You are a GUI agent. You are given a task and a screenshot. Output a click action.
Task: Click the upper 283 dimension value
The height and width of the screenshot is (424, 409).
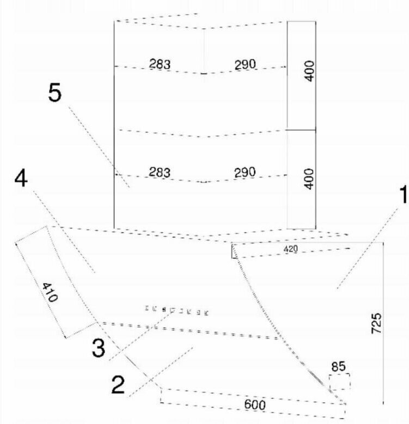[160, 64]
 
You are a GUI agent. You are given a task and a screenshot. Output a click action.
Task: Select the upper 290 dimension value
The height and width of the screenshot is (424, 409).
[245, 64]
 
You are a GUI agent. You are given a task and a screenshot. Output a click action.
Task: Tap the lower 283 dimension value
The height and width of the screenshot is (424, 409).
[160, 173]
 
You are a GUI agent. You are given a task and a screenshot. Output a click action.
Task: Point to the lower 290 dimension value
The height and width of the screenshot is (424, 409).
[245, 173]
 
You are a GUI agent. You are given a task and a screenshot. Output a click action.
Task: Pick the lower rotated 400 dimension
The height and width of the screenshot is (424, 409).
[309, 178]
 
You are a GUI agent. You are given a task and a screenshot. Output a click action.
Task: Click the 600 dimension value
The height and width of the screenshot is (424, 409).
[254, 404]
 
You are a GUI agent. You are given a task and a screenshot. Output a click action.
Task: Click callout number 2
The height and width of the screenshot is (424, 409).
[119, 385]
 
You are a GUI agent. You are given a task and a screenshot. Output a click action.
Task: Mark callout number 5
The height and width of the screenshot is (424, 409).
[54, 94]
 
